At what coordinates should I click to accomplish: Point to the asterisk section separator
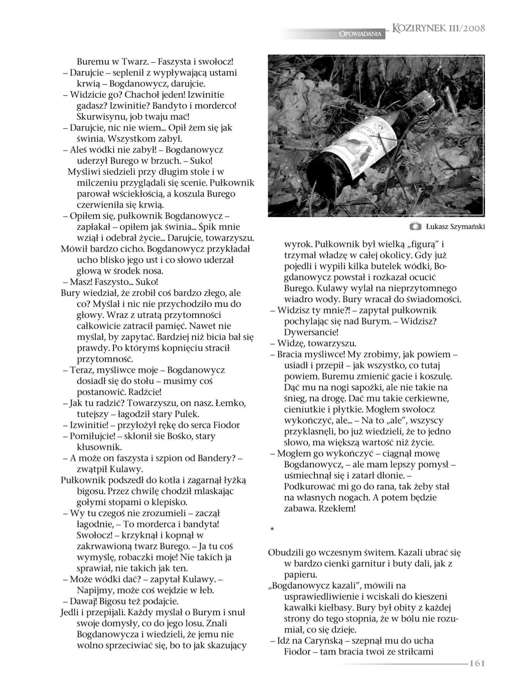[272, 529]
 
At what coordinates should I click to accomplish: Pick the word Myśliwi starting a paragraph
[84, 172]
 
